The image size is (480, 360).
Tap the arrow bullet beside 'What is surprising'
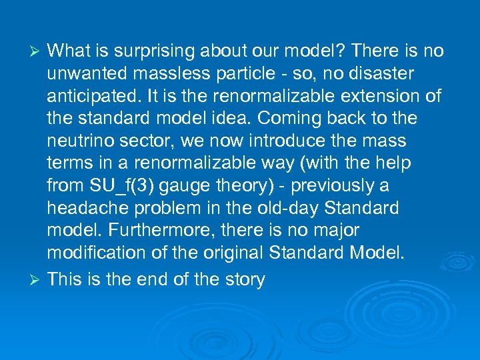37,52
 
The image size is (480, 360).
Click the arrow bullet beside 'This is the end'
37,280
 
